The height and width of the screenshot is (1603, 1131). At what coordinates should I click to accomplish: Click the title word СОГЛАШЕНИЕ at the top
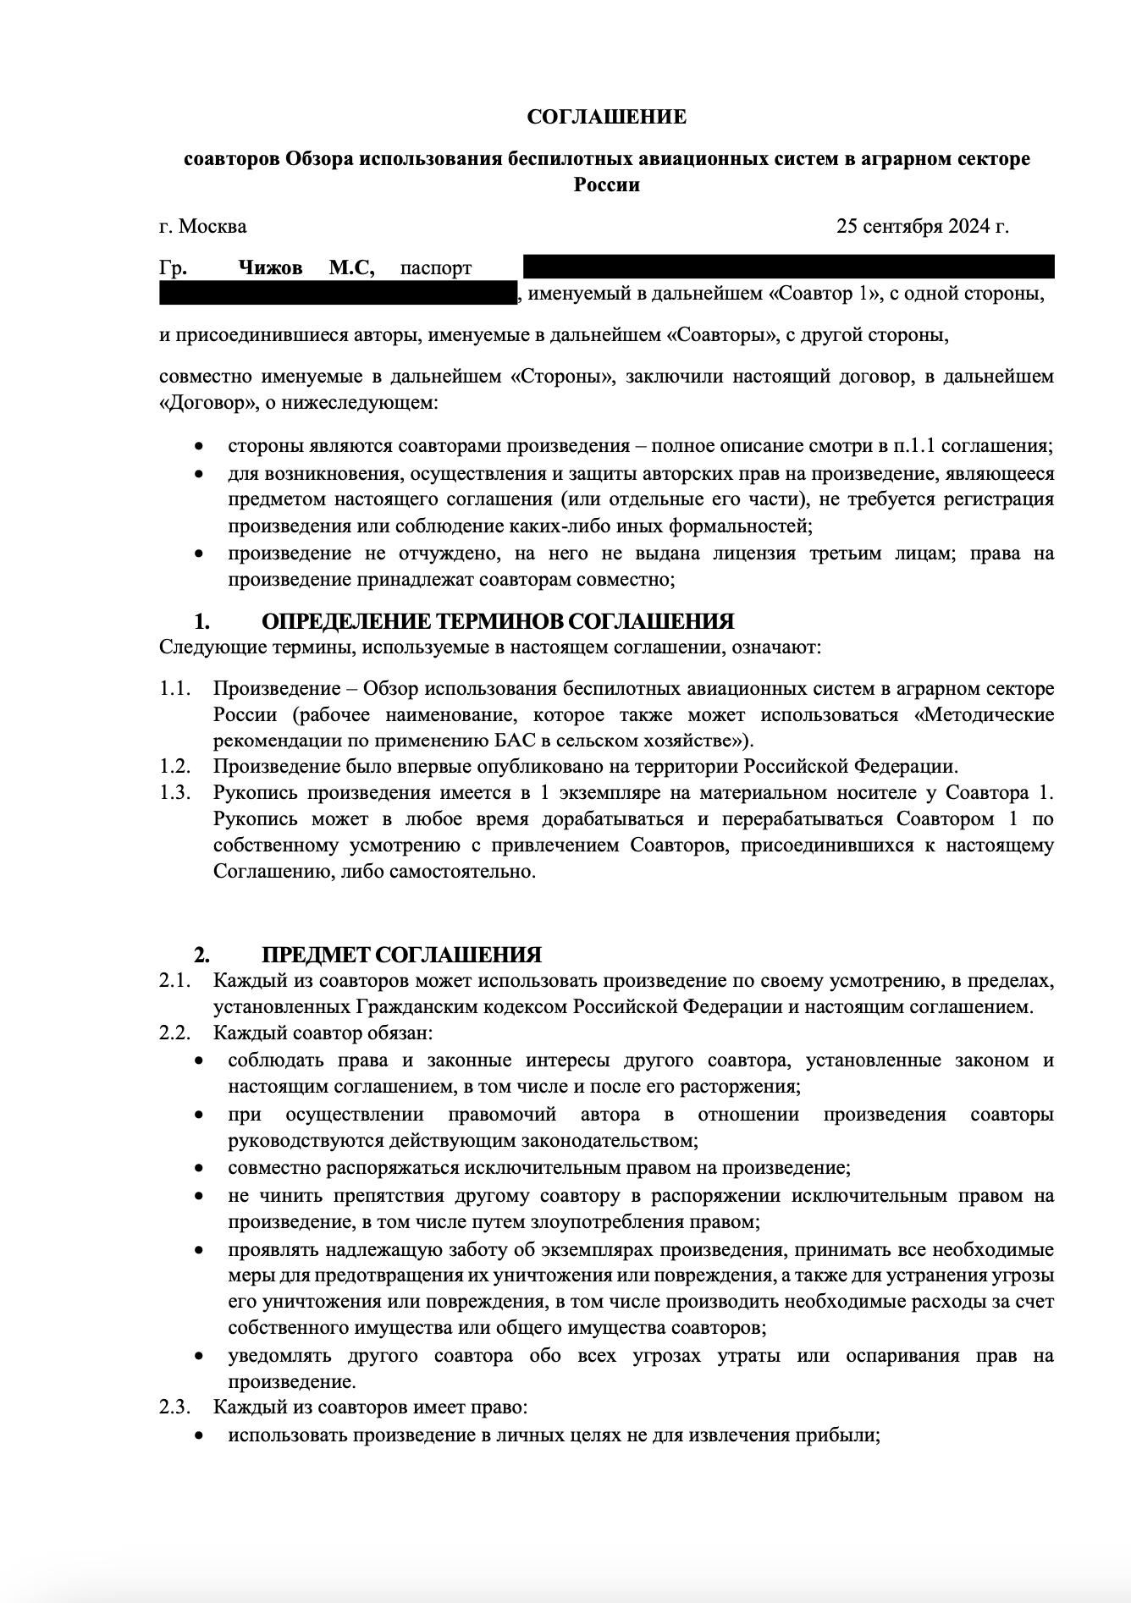pyautogui.click(x=606, y=117)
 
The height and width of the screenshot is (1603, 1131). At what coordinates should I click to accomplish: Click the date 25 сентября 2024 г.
pyautogui.click(x=922, y=226)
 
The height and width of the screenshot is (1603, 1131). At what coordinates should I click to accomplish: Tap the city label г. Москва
pyautogui.click(x=203, y=226)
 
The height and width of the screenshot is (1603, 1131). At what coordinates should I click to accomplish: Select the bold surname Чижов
pyautogui.click(x=270, y=268)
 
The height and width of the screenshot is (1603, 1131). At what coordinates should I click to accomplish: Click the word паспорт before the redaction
pyautogui.click(x=436, y=268)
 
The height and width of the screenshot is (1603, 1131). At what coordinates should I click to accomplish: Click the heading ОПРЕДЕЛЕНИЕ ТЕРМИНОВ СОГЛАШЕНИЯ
pyautogui.click(x=498, y=622)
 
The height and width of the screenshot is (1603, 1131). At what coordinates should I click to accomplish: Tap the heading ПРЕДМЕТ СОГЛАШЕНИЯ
pyautogui.click(x=401, y=956)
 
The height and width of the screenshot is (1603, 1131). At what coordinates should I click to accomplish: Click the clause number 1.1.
pyautogui.click(x=174, y=688)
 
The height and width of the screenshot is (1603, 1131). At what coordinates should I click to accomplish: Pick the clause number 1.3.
pyautogui.click(x=174, y=793)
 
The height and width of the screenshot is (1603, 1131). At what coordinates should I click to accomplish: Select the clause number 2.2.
pyautogui.click(x=174, y=1033)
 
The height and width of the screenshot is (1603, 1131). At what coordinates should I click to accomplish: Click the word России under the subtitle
pyautogui.click(x=606, y=185)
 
